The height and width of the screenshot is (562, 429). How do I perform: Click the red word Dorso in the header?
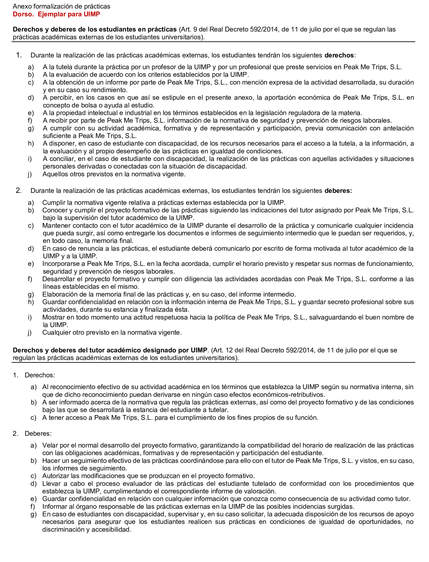(x=23, y=14)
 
